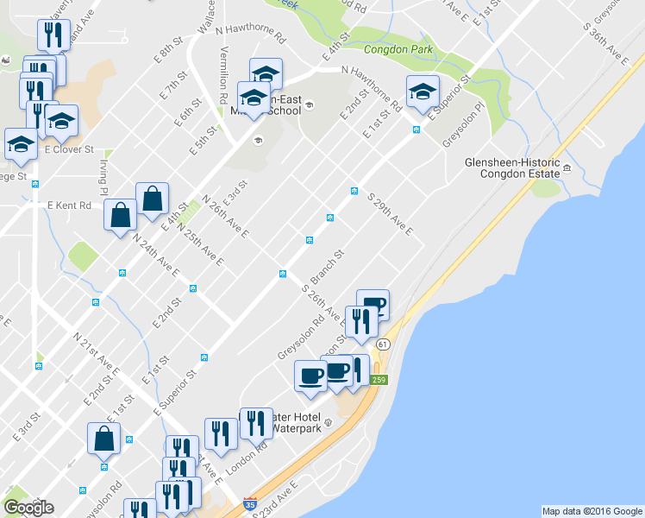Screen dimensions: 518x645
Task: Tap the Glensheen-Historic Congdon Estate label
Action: tap(511, 167)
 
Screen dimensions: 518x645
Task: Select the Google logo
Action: tap(28, 507)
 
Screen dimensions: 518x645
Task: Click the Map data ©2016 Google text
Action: tap(592, 511)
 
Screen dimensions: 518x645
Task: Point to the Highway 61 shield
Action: tap(383, 344)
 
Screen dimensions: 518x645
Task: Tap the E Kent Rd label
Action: tap(69, 206)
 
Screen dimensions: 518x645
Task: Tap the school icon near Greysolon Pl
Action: tap(423, 92)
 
